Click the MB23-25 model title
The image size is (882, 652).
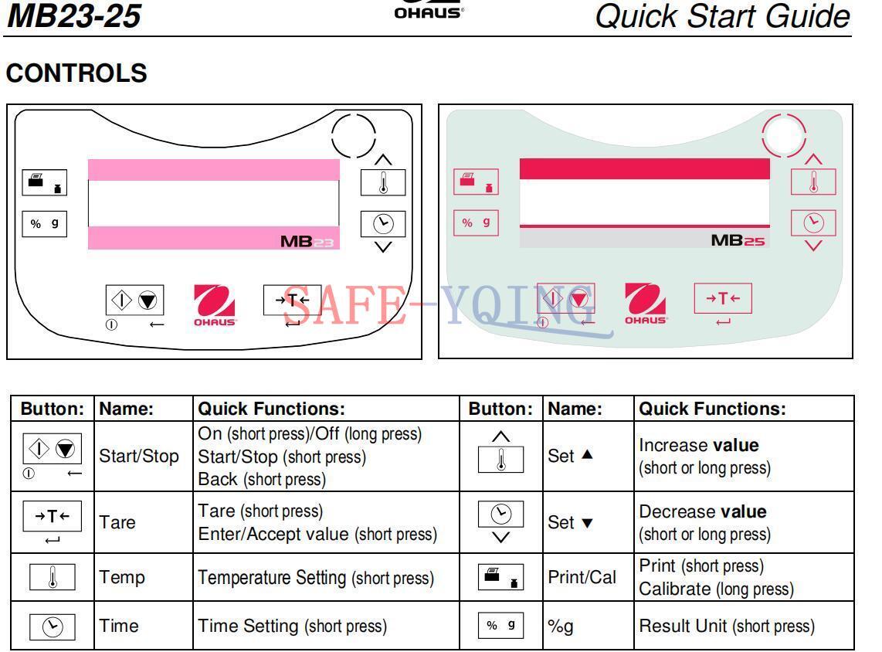73,15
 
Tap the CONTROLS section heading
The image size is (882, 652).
76,73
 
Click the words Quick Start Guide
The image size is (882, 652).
722,15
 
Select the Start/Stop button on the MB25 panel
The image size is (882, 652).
566,298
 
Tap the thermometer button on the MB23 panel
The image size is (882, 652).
383,182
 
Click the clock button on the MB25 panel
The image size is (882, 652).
813,223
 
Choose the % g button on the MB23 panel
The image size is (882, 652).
45,224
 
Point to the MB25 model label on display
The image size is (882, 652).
738,241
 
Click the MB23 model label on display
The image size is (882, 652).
307,242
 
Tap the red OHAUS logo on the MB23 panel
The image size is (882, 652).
214,305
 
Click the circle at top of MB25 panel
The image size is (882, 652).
784,135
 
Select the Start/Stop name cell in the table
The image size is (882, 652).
139,456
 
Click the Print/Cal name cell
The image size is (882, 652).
582,577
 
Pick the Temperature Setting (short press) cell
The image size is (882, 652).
316,578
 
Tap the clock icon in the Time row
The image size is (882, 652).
53,627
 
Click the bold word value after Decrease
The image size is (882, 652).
744,511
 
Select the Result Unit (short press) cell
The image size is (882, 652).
727,627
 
